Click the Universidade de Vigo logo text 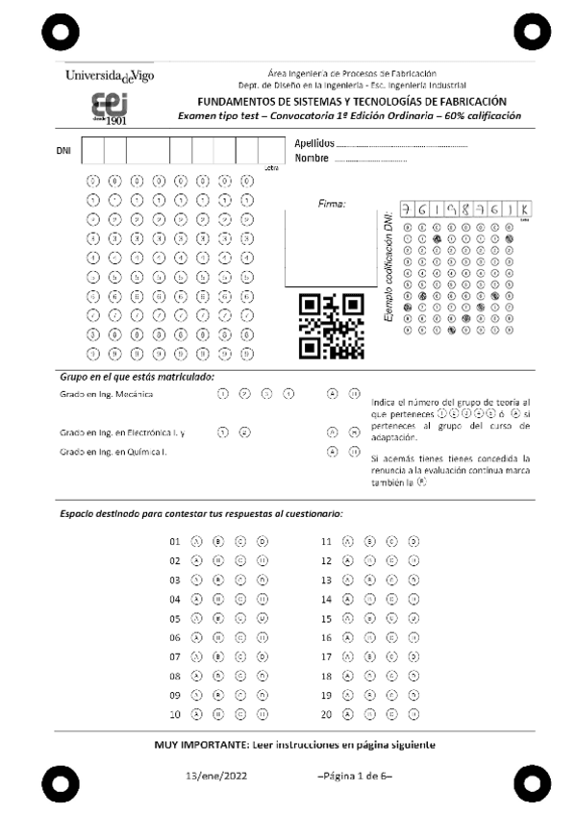pyautogui.click(x=109, y=76)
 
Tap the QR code pyautogui.click(x=332, y=324)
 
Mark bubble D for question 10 pyautogui.click(x=263, y=715)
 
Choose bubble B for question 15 pyautogui.click(x=368, y=619)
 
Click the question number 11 pyautogui.click(x=326, y=541)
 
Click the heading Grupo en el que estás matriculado pyautogui.click(x=137, y=377)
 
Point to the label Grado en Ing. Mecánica pyautogui.click(x=106, y=395)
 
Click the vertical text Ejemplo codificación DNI pyautogui.click(x=388, y=269)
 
